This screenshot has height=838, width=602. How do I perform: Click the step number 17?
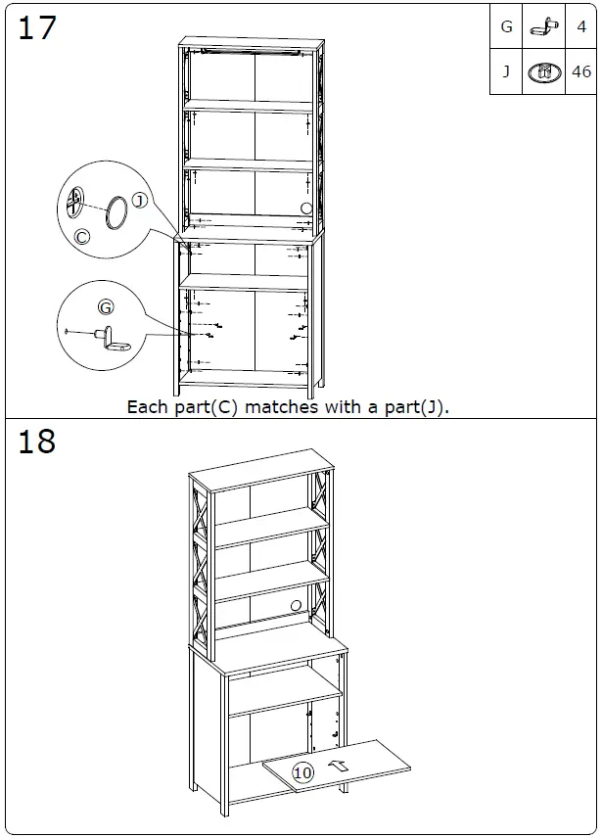coord(37,27)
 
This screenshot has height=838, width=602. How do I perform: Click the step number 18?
coord(37,442)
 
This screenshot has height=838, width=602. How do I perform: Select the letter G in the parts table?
coord(506,27)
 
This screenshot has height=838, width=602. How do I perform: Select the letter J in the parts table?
coord(506,71)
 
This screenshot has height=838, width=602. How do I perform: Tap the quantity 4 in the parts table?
coord(581,27)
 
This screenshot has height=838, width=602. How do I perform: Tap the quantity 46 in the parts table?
coord(581,71)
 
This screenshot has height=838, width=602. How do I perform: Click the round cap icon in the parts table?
coord(543,71)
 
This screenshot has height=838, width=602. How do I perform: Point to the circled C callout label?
coord(82,236)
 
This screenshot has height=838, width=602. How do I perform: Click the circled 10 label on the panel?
coord(302,772)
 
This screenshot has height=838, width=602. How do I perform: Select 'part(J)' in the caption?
coord(419,406)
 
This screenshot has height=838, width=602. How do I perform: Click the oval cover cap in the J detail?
coord(116,212)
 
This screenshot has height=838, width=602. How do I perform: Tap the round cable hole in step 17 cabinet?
coord(306,208)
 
